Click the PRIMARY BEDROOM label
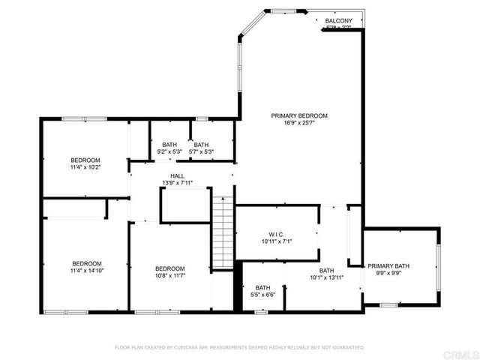pyautogui.click(x=299, y=115)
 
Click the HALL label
pyautogui.click(x=177, y=175)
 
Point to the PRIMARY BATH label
pyautogui.click(x=388, y=266)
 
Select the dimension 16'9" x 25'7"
pyautogui.click(x=299, y=123)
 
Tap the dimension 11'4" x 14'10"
pyautogui.click(x=86, y=271)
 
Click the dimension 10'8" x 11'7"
pyautogui.click(x=169, y=277)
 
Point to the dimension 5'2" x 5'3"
pyautogui.click(x=169, y=152)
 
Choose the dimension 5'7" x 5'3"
pyautogui.click(x=201, y=152)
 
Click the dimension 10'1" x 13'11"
pyautogui.click(x=326, y=277)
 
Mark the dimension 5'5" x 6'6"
pyautogui.click(x=262, y=295)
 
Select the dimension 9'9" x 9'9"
pyautogui.click(x=388, y=274)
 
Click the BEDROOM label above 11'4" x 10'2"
pyautogui.click(x=85, y=160)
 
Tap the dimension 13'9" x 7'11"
pyautogui.click(x=177, y=182)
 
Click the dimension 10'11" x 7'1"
pyautogui.click(x=276, y=241)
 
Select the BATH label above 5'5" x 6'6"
pyautogui.click(x=262, y=287)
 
